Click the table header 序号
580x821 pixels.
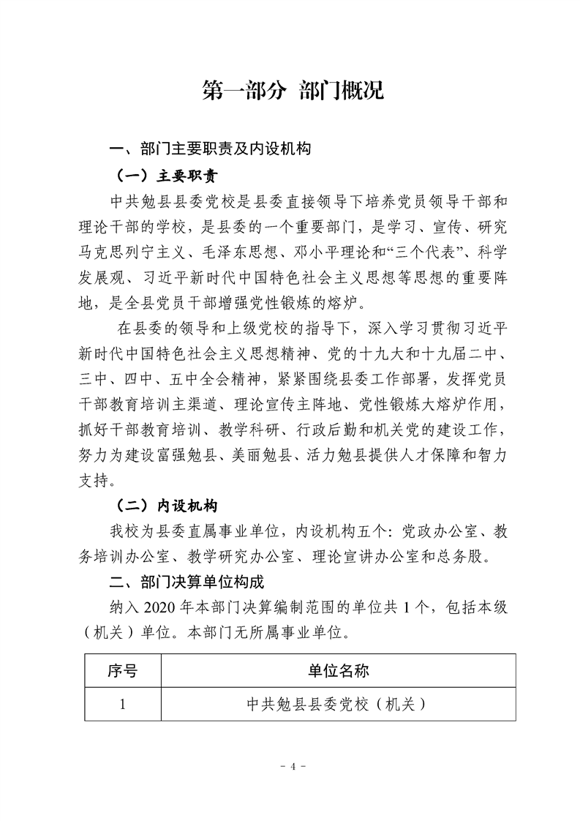pos(122,670)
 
